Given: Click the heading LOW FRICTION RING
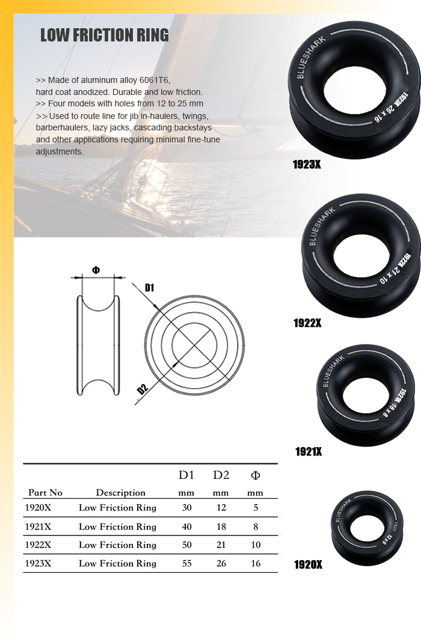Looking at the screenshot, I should tap(104, 35).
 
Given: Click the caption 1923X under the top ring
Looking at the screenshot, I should tap(307, 164).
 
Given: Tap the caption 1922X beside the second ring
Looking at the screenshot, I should tap(307, 323).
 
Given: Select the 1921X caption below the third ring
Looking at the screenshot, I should tap(309, 451).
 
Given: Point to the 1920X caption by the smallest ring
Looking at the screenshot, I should tap(308, 564).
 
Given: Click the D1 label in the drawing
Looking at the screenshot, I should tap(149, 288).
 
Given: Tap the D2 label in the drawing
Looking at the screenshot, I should tap(142, 388).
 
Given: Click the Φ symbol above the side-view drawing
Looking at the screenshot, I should tap(96, 270).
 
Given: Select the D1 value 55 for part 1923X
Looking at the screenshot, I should tap(186, 564).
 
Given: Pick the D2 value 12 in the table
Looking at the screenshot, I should tap(221, 508).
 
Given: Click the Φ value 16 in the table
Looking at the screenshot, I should tap(256, 564).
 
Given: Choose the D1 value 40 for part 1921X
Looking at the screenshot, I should tap(186, 526).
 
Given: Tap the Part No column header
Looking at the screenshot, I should tap(45, 493).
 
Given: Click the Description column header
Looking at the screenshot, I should tap(120, 493).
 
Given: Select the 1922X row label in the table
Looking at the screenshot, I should tap(38, 545).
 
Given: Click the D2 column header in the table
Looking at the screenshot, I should tap(221, 475).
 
